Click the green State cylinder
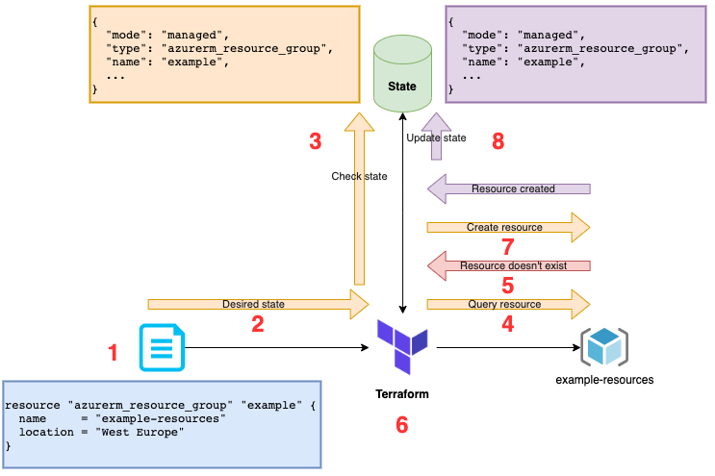(x=402, y=73)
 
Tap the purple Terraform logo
(x=402, y=346)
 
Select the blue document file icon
(x=162, y=347)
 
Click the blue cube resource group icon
(x=604, y=347)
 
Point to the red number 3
(x=315, y=141)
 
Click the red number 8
(x=498, y=141)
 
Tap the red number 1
(x=114, y=353)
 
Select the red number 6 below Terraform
(x=401, y=424)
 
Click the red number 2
(x=258, y=324)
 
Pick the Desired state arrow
(x=258, y=304)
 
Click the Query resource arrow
(x=508, y=304)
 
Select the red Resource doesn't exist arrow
(x=508, y=265)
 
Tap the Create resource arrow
(x=508, y=227)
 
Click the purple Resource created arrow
(x=508, y=188)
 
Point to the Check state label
(x=359, y=176)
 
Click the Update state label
(x=436, y=138)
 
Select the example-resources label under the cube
(x=604, y=380)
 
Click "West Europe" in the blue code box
(x=140, y=432)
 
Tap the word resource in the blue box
(x=33, y=406)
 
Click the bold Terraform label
(x=402, y=394)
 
